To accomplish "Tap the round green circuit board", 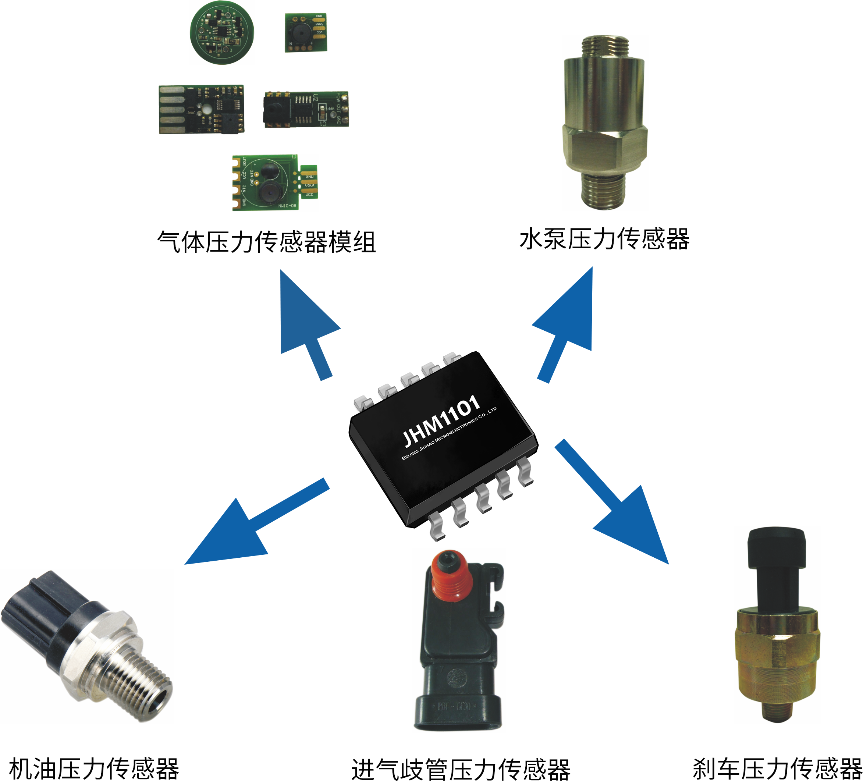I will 222,33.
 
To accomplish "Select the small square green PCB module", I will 306,32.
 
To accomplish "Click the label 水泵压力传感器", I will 604,239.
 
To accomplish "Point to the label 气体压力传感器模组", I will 266,242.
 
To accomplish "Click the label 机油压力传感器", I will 94,768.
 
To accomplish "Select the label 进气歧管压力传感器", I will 461,770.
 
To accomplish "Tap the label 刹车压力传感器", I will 777,768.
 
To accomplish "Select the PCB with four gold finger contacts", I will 201,109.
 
